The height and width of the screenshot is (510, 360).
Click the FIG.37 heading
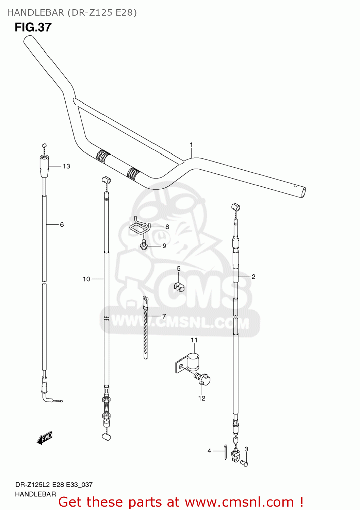(33, 27)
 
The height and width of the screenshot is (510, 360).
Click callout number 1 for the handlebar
(191, 145)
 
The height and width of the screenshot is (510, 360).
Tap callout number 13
(66, 166)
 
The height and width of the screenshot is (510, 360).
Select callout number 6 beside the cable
(62, 225)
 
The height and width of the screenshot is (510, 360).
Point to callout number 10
(86, 279)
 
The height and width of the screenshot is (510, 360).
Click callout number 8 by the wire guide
(167, 227)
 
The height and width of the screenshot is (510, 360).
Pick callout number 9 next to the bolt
(164, 246)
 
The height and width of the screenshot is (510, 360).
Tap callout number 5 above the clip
(179, 269)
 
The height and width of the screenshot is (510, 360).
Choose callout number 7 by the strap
(164, 316)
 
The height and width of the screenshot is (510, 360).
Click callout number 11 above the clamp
(194, 340)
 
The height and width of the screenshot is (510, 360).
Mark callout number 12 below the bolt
(202, 398)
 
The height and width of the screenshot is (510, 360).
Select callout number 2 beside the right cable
(253, 277)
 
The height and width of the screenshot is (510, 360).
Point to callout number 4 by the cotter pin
(209, 451)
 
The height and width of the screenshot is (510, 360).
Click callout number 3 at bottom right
(246, 449)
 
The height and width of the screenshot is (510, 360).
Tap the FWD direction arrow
(45, 438)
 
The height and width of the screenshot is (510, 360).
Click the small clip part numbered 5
(179, 287)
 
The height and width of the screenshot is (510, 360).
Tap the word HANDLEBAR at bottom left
(35, 494)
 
